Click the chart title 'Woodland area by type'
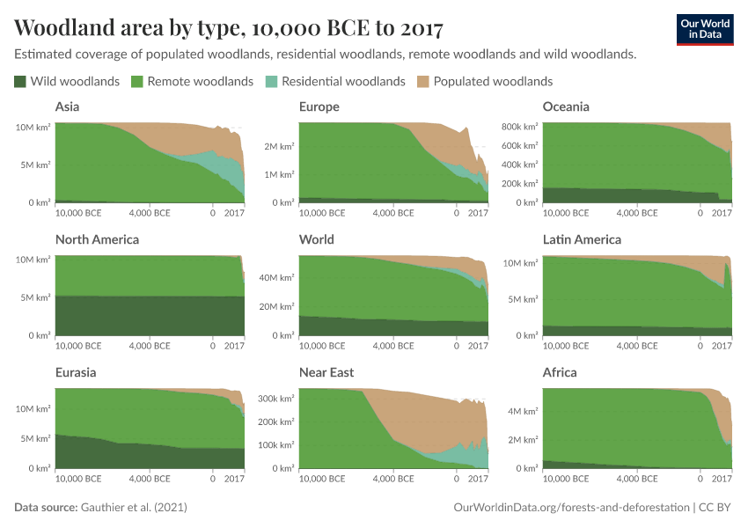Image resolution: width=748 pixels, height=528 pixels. click(229, 28)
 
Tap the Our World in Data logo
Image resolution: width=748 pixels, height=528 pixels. click(704, 28)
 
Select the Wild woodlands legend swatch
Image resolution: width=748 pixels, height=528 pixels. click(20, 82)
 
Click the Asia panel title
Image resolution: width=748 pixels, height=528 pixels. click(68, 106)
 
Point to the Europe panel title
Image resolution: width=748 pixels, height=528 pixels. click(319, 106)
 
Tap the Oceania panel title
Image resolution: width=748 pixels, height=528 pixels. click(566, 106)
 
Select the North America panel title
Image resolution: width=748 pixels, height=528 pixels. click(97, 239)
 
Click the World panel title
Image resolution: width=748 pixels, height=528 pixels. click(316, 239)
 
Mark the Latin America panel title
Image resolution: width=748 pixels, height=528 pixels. click(582, 239)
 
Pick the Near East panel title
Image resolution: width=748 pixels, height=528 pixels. click(326, 372)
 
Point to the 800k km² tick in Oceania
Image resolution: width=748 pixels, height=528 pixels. click(518, 127)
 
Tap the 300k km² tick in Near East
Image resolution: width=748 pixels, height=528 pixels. click(275, 399)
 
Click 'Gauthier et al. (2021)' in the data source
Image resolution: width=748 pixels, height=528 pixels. click(134, 508)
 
